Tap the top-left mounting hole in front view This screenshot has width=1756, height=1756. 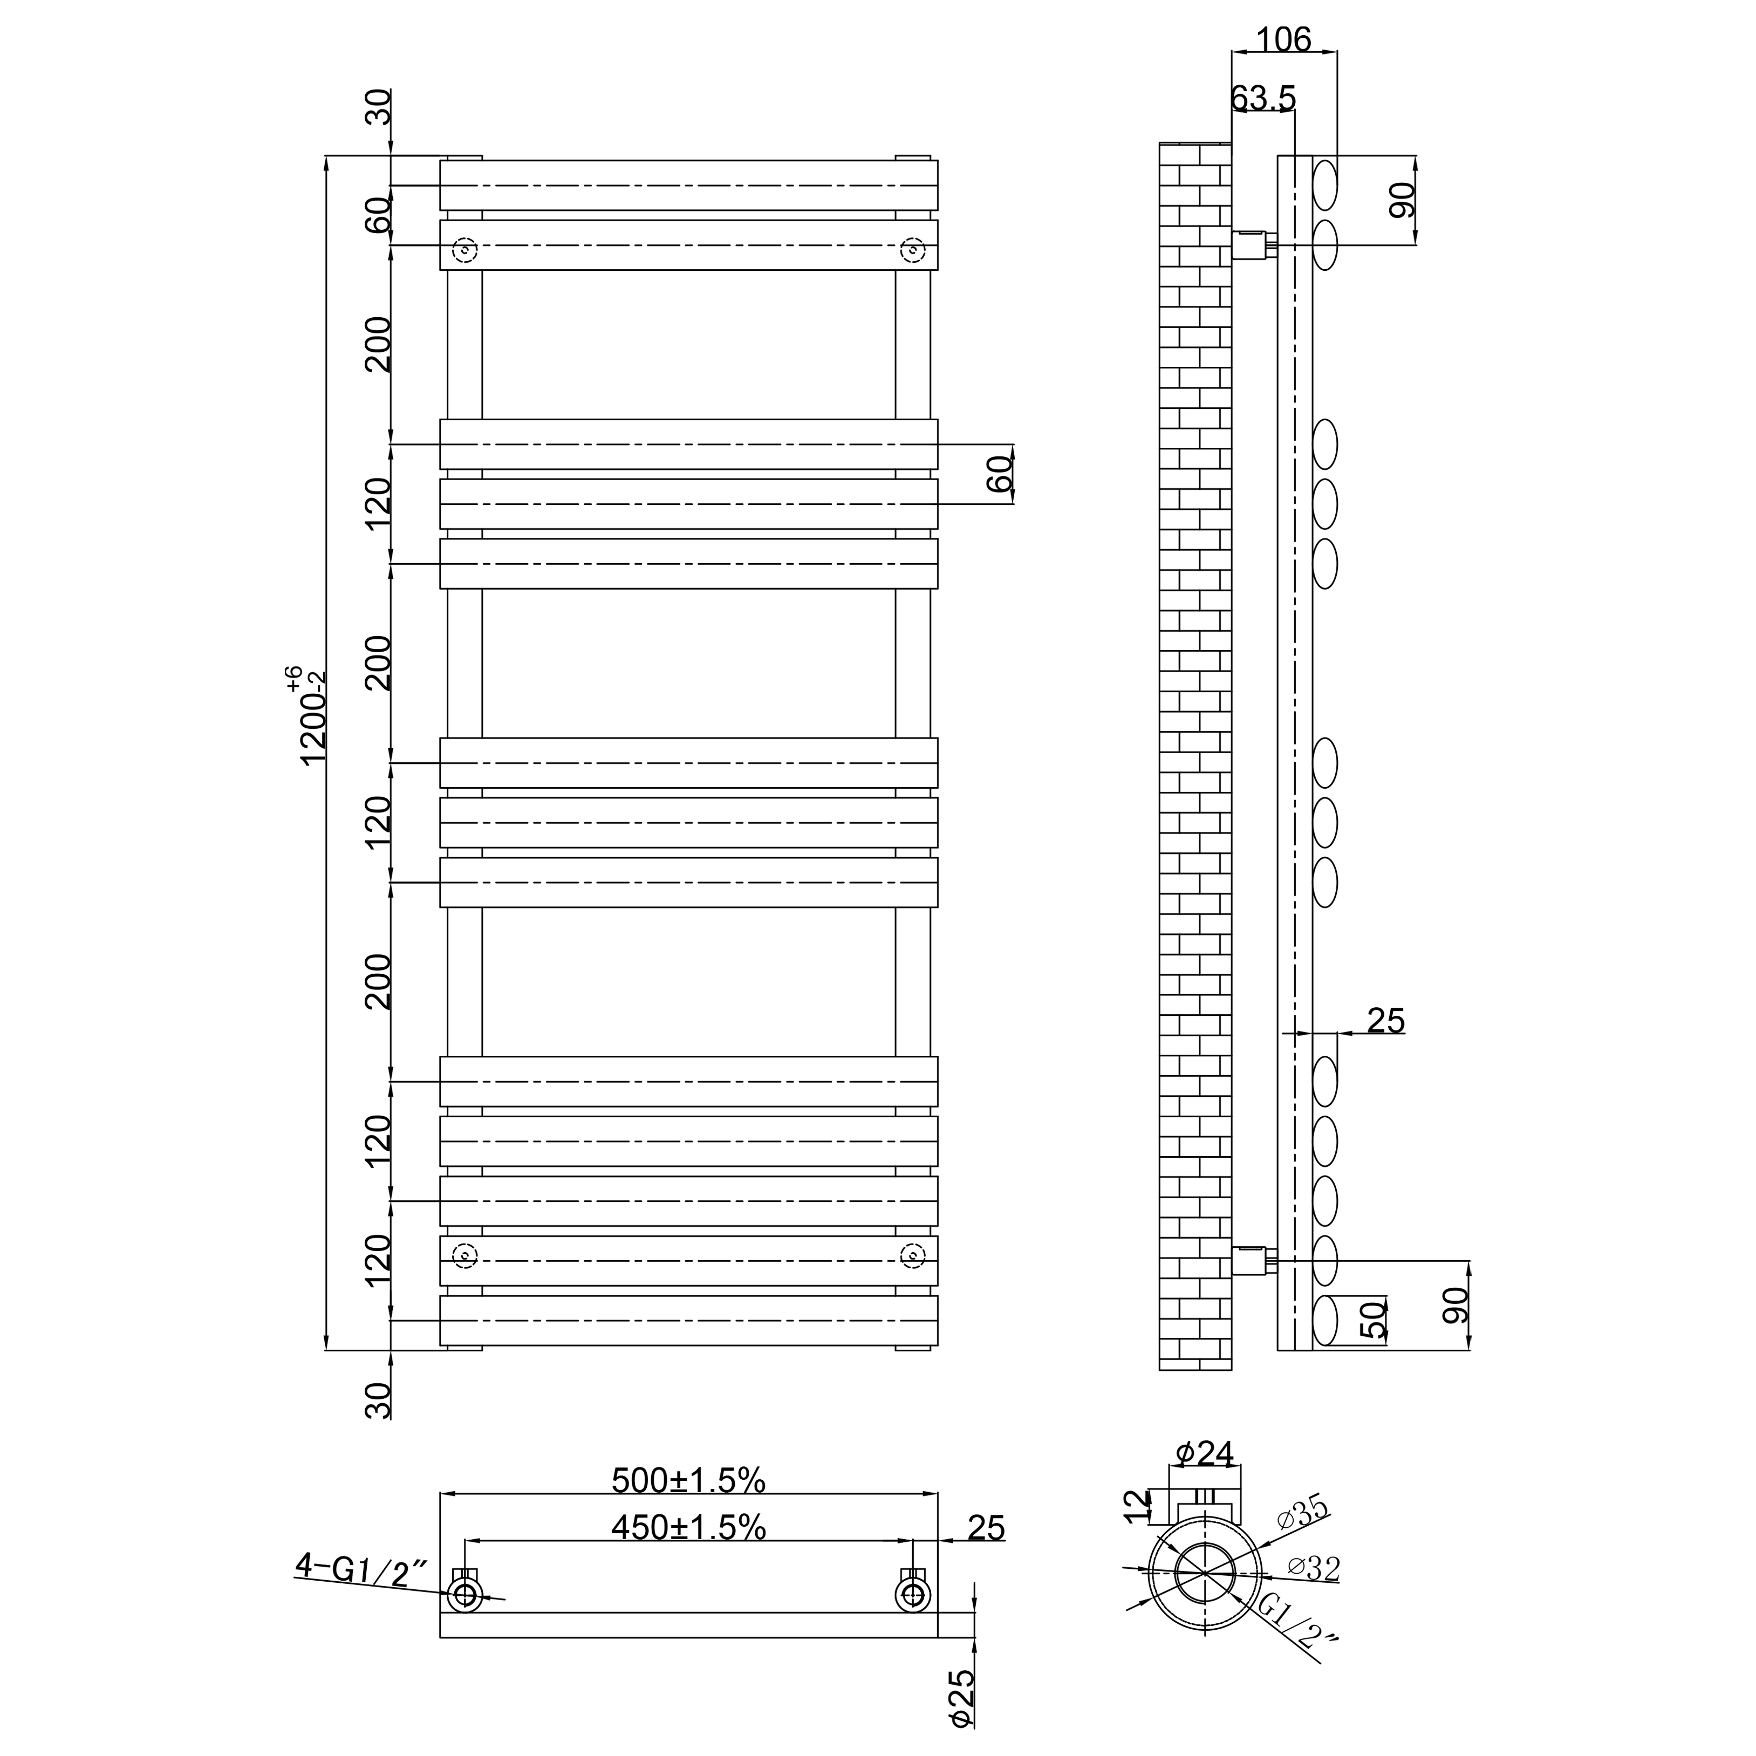[466, 250]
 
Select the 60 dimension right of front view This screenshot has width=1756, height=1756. [999, 474]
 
